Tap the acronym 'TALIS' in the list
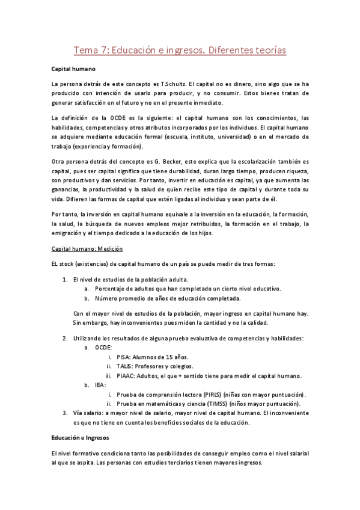coord(126,366)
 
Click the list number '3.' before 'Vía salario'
coord(65,413)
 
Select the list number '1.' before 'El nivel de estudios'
coord(65,280)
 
